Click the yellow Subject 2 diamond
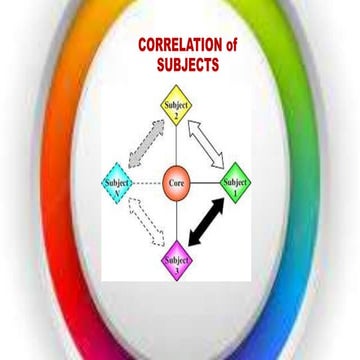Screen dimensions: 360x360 point(177,107)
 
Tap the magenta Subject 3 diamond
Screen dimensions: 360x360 point(176,263)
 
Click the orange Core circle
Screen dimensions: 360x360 point(177,184)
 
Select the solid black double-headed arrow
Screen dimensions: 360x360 point(215,227)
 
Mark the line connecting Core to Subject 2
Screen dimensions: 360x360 point(177,145)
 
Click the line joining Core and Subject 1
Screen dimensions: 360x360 point(206,184)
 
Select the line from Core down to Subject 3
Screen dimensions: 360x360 point(177,222)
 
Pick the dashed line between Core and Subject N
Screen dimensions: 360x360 point(149,184)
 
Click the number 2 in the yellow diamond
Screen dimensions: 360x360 point(177,114)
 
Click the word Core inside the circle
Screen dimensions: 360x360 point(177,184)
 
